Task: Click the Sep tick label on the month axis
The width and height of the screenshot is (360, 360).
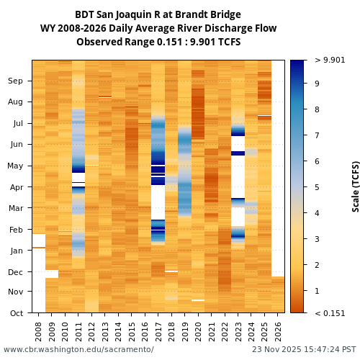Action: [x=15, y=81]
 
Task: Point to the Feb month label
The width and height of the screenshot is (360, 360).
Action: [x=15, y=230]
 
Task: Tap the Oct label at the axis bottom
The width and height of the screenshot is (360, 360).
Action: [x=15, y=313]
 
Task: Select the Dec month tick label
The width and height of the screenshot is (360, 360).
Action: [x=15, y=272]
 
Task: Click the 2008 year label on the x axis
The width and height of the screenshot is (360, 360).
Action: [x=39, y=331]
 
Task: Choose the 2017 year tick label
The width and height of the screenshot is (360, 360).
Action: [x=158, y=331]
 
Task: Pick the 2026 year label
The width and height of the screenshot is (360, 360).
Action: [x=277, y=331]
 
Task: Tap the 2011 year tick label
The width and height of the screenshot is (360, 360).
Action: [x=78, y=331]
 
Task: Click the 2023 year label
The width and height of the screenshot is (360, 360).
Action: [x=238, y=331]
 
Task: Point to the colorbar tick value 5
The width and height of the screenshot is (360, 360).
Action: [x=317, y=187]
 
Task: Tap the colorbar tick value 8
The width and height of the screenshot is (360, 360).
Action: [x=317, y=109]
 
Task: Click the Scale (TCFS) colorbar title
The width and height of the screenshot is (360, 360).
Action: [x=356, y=186]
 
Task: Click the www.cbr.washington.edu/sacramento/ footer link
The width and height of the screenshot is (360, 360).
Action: [x=78, y=350]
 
